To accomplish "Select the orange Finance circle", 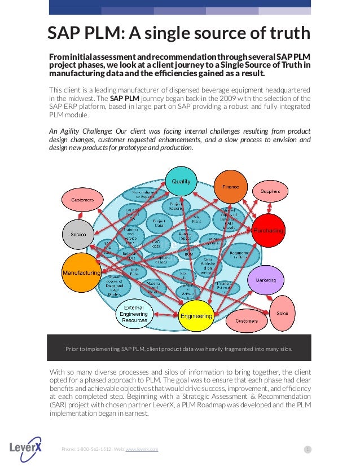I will click(230, 187).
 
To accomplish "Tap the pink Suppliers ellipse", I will click(270, 192).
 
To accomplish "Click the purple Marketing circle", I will click(266, 280).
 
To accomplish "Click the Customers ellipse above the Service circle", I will click(82, 200).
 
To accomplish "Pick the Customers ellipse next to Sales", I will click(247, 320).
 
